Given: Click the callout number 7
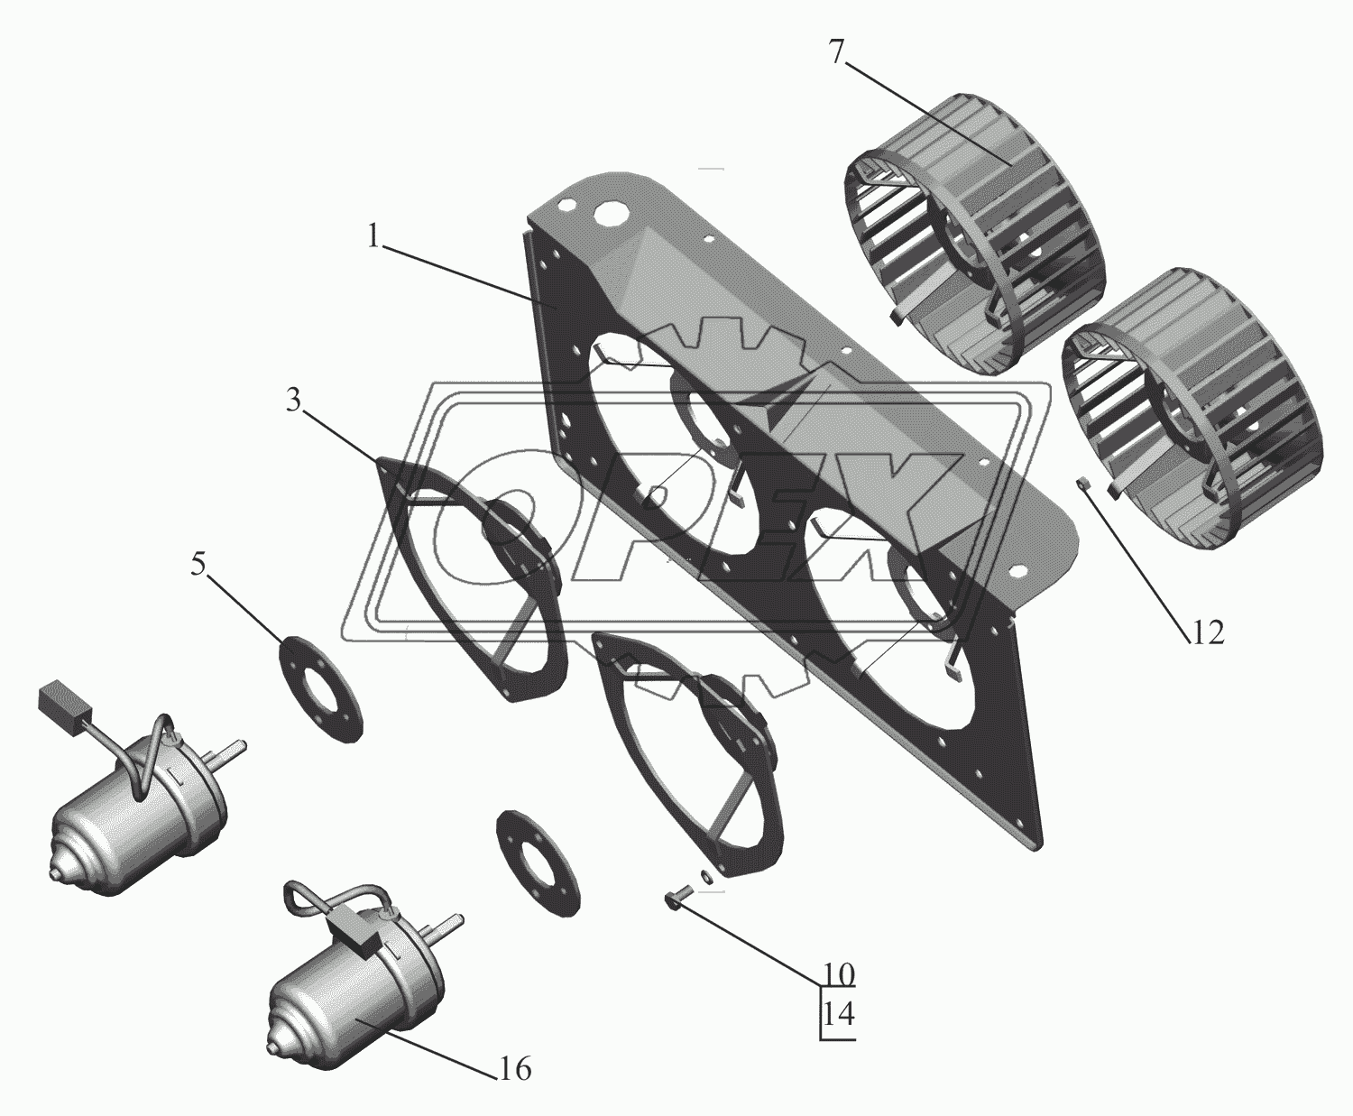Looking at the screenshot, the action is coord(836,53).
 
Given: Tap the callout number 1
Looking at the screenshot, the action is coord(373,238).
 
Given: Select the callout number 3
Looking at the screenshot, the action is coord(293,401).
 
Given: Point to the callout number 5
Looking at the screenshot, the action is coord(198,565).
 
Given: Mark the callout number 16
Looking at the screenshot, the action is coord(515,1069).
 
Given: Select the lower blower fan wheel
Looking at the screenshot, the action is coord(1192,409).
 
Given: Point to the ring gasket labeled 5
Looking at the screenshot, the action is coord(320,688).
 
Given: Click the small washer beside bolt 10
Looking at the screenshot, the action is coord(708,877).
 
